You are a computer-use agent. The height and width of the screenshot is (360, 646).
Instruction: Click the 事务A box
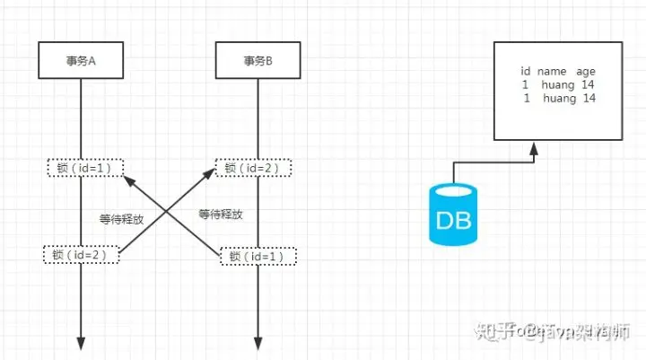tap(82, 61)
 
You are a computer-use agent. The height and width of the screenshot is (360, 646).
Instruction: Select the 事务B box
tap(258, 61)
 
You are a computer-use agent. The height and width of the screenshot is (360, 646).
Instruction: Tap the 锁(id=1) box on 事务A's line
tap(82, 167)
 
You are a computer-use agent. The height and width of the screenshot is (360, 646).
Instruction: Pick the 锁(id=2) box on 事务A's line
tap(82, 255)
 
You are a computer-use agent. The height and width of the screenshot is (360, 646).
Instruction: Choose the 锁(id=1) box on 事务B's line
tap(258, 256)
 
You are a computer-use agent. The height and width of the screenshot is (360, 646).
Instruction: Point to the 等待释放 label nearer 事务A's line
tap(121, 218)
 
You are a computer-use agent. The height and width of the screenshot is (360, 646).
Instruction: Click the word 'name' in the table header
tap(553, 71)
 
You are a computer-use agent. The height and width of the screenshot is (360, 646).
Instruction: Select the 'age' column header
tap(586, 71)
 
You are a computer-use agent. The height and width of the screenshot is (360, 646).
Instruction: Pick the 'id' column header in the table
tap(526, 71)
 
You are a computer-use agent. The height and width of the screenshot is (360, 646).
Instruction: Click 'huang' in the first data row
tap(557, 84)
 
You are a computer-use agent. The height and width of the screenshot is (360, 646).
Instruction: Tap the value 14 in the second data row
tap(589, 98)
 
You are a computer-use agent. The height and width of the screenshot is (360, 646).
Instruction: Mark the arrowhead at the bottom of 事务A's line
tap(82, 344)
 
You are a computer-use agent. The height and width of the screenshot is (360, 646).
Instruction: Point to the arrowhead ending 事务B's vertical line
tap(258, 344)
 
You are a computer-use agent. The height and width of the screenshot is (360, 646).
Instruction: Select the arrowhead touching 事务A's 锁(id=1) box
tap(124, 177)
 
